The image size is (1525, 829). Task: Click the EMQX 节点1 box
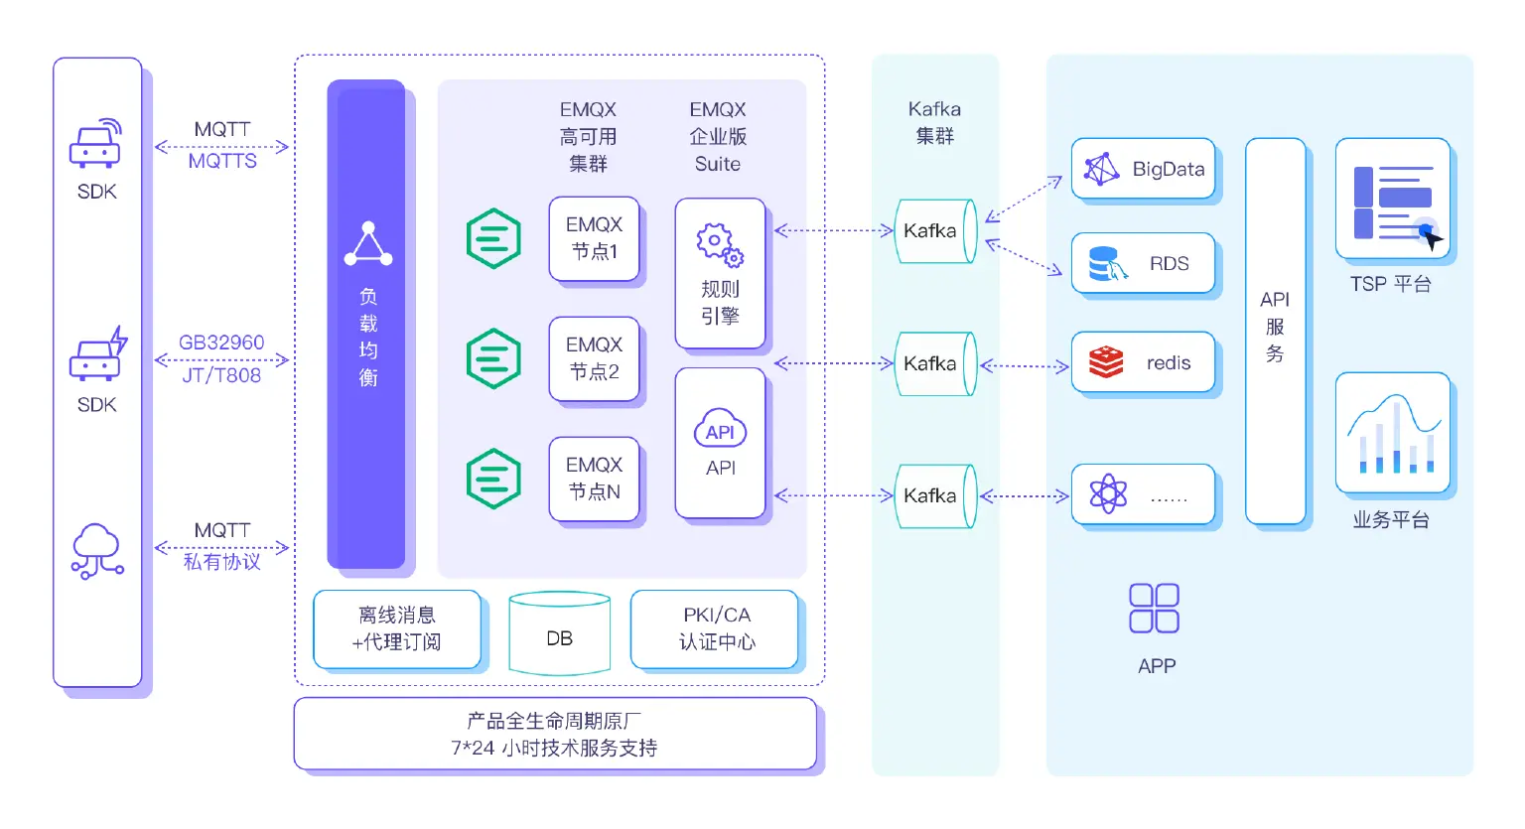pyautogui.click(x=594, y=238)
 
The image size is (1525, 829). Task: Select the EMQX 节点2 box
pyautogui.click(x=594, y=358)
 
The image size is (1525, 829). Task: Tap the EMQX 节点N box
pyautogui.click(x=594, y=479)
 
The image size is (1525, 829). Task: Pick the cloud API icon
pyautogui.click(x=720, y=430)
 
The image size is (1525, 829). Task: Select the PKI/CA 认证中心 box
pyautogui.click(x=715, y=628)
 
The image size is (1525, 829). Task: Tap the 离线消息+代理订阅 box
pyautogui.click(x=397, y=628)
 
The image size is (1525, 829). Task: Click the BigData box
pyautogui.click(x=1144, y=169)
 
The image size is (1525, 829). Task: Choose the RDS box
pyautogui.click(x=1144, y=263)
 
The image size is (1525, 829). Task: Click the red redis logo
pyautogui.click(x=1105, y=362)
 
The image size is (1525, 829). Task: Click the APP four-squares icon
pyautogui.click(x=1154, y=608)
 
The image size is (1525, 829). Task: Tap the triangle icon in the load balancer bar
pyautogui.click(x=368, y=244)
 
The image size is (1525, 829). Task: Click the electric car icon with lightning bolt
pyautogui.click(x=97, y=355)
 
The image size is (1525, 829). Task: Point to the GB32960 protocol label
pyautogui.click(x=221, y=343)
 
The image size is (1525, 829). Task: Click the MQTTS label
pyautogui.click(x=222, y=161)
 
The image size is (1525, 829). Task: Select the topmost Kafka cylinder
pyautogui.click(x=934, y=231)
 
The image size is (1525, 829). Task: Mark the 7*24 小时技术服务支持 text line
pyautogui.click(x=554, y=748)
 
